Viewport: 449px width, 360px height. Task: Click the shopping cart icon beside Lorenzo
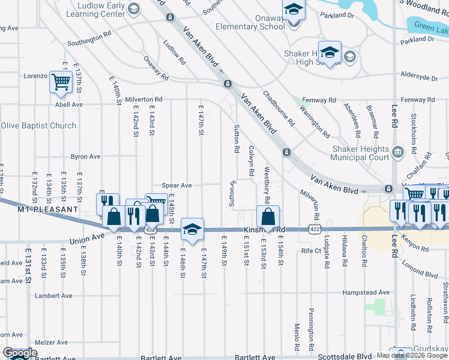coord(61,81)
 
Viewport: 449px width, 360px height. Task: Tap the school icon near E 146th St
coord(192,229)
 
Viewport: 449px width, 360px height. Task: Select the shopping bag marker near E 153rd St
coord(268,216)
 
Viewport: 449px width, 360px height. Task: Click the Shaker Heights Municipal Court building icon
coord(397,151)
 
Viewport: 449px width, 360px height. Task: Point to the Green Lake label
coord(431,26)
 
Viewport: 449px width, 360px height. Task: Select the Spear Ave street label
coord(176,185)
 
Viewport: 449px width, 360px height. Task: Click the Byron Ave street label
coord(86,156)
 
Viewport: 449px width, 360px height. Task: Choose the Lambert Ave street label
coord(53,296)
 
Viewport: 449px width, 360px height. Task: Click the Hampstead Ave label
coord(366,293)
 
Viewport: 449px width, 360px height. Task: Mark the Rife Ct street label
coord(312,250)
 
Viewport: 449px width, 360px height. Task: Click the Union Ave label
coord(87,239)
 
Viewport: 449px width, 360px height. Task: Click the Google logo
coord(19,353)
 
